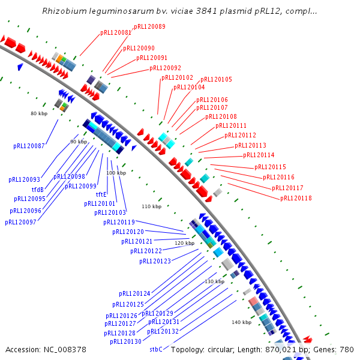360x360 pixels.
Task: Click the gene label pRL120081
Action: click(115, 32)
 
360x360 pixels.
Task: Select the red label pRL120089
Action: click(149, 26)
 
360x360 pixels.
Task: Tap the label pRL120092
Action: click(164, 68)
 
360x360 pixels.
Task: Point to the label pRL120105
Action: click(216, 79)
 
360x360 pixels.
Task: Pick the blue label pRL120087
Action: click(29, 146)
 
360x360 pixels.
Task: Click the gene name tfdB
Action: click(38, 190)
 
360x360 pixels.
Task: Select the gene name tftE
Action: click(101, 194)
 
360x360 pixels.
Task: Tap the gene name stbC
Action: click(156, 349)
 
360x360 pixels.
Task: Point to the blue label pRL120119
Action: click(119, 222)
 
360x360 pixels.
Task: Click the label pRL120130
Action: click(125, 341)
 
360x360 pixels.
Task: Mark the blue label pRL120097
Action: click(20, 222)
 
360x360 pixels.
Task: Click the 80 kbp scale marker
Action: click(38, 113)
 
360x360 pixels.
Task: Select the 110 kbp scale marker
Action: click(151, 206)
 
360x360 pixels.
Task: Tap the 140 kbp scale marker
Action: click(241, 322)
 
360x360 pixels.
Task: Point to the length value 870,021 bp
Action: click(286, 349)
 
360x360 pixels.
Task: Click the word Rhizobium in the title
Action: click(63, 11)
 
